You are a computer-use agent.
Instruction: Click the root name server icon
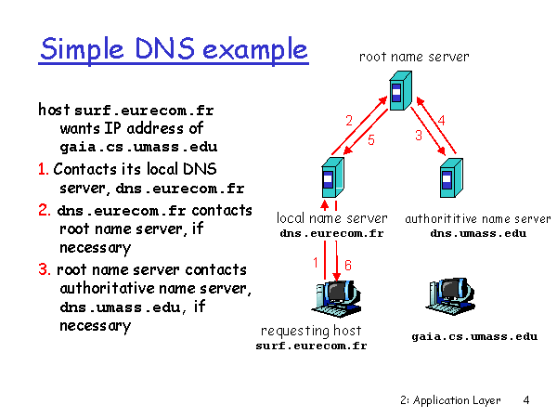(x=401, y=90)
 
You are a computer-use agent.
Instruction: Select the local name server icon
(x=333, y=177)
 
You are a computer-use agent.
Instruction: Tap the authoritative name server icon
(x=451, y=177)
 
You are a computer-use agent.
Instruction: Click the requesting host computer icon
(x=336, y=298)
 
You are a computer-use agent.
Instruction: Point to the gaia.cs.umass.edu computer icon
(x=451, y=296)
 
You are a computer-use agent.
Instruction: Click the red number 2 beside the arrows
(x=349, y=121)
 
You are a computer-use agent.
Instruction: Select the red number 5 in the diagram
(x=371, y=140)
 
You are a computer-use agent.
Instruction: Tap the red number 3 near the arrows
(x=419, y=135)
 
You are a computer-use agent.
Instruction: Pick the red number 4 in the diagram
(x=442, y=121)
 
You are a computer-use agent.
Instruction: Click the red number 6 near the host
(x=348, y=265)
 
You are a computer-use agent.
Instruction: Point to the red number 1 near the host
(x=316, y=263)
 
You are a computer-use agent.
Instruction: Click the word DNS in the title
(x=164, y=48)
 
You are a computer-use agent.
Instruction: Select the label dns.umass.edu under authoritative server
(x=478, y=233)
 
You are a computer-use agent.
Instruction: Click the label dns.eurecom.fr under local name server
(x=331, y=233)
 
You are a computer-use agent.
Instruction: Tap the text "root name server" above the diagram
(x=414, y=57)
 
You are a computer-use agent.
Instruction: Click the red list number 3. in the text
(x=45, y=269)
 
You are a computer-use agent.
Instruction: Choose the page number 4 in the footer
(x=526, y=400)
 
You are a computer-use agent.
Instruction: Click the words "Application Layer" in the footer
(x=457, y=400)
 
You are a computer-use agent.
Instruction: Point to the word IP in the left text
(x=112, y=128)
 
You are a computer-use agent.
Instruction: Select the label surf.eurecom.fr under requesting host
(x=311, y=346)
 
